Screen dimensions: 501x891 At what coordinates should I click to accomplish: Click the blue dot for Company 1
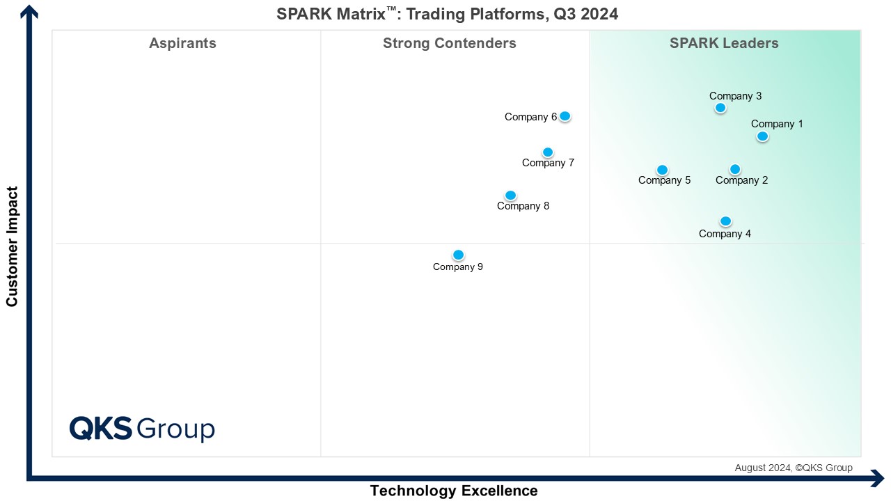click(x=762, y=136)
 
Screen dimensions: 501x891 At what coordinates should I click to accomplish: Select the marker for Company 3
click(x=720, y=108)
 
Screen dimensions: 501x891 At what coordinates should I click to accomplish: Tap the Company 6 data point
click(x=565, y=116)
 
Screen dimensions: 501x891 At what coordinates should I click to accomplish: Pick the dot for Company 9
click(x=458, y=255)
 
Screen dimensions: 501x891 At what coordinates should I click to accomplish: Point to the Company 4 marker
click(x=725, y=221)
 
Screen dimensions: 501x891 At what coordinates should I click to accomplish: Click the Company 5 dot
click(x=662, y=170)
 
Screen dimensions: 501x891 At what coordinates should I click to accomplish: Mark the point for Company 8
click(x=510, y=196)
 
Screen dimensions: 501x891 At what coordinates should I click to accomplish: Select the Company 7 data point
click(x=548, y=152)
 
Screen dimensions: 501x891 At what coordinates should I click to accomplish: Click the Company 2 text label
click(x=741, y=181)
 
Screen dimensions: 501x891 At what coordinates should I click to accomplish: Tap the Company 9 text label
click(x=457, y=267)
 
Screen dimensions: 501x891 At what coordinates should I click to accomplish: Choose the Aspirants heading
click(x=182, y=43)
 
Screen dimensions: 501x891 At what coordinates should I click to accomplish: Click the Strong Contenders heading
click(x=449, y=43)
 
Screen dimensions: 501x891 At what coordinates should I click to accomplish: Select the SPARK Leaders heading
click(x=724, y=43)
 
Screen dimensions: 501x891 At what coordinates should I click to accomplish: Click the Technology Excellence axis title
click(x=454, y=491)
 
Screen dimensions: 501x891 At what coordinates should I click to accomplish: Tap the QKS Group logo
click(x=142, y=429)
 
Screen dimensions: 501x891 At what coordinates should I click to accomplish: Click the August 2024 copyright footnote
click(x=794, y=468)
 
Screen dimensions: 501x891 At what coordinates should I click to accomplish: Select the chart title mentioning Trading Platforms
click(x=447, y=14)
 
